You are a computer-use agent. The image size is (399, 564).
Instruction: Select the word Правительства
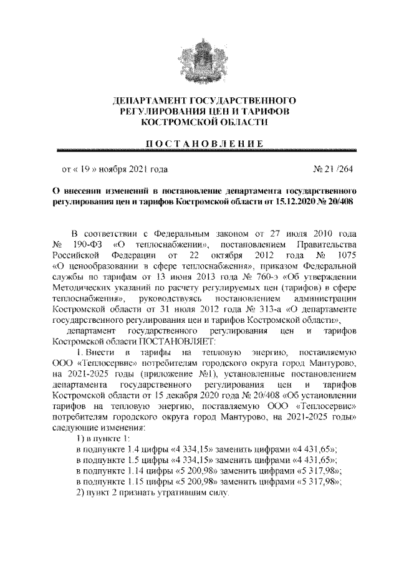(x=327, y=243)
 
